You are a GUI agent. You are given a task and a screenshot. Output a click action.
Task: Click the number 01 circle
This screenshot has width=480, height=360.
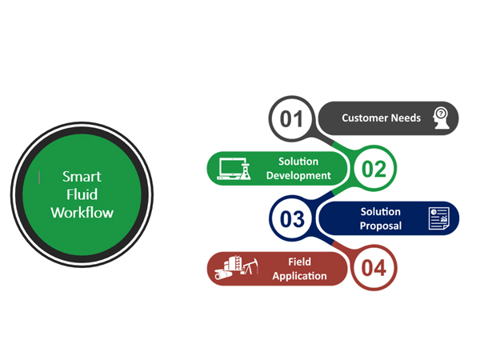click(x=292, y=119)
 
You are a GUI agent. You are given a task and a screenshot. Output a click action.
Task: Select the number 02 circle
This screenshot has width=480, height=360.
click(x=374, y=169)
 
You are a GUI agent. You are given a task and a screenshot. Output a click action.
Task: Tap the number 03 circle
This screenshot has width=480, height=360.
click(x=292, y=218)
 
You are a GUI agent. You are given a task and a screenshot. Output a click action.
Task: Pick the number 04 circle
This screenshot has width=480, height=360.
click(x=374, y=268)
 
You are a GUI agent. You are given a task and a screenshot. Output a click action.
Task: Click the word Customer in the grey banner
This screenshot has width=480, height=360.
click(x=365, y=118)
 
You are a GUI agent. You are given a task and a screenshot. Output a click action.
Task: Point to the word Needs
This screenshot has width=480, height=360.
click(x=406, y=118)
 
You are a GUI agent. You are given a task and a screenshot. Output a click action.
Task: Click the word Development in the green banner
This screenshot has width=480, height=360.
click(x=298, y=176)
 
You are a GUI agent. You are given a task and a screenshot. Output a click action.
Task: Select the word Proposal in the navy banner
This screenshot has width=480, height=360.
click(x=381, y=226)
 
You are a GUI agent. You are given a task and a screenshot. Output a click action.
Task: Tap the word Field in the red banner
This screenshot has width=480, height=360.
click(x=300, y=262)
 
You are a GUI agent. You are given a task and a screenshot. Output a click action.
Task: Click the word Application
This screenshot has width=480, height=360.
click(x=300, y=276)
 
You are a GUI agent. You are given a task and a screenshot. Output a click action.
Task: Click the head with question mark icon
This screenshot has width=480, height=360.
click(x=440, y=118)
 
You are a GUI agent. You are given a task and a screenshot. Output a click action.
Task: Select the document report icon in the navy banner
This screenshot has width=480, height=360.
click(x=439, y=218)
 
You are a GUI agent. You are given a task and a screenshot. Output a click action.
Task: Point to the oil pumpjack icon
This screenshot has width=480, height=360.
click(x=247, y=268)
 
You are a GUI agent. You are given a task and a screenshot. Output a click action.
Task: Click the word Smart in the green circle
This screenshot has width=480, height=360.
click(x=82, y=177)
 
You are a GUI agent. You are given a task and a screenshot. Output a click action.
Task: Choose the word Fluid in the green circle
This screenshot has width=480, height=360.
click(x=82, y=194)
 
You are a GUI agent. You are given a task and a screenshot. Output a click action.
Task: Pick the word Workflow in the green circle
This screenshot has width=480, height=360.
click(x=82, y=213)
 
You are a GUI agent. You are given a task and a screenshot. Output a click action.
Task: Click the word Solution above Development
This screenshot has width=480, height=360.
click(x=298, y=162)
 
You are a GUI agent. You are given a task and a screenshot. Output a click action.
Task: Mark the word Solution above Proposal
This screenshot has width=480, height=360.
click(x=381, y=211)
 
